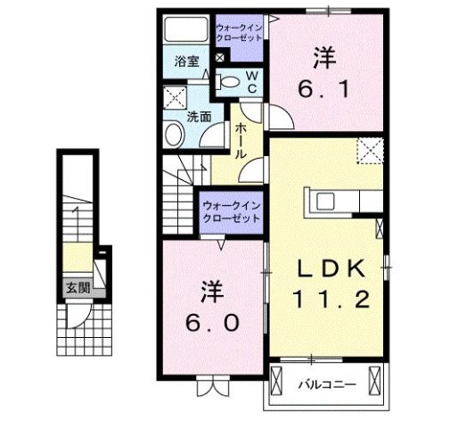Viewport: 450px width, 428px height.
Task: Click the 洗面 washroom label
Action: (198, 117)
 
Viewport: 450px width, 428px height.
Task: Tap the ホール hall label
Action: (241, 141)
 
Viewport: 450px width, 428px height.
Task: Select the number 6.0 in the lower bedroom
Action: (212, 322)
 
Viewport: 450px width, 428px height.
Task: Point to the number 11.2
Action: (331, 300)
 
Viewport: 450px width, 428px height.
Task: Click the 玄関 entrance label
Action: (78, 287)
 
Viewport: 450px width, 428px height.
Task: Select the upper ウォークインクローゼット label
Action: (239, 33)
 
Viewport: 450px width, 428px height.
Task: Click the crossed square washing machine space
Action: (175, 98)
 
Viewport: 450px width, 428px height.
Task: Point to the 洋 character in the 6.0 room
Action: (211, 292)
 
